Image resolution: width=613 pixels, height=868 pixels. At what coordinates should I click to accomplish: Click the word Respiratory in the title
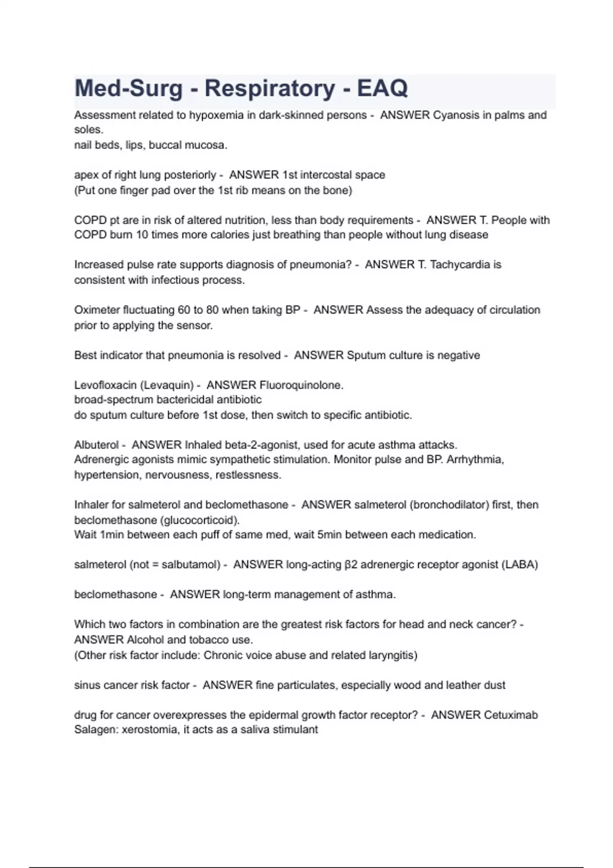click(270, 88)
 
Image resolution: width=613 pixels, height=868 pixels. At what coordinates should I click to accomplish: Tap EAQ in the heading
click(382, 88)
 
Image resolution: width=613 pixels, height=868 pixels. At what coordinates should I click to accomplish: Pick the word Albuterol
click(97, 445)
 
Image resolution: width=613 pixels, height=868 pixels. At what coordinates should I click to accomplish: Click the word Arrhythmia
click(475, 460)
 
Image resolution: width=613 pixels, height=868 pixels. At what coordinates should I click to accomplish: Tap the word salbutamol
click(191, 565)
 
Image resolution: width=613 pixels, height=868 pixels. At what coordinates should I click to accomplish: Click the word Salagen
click(96, 730)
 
